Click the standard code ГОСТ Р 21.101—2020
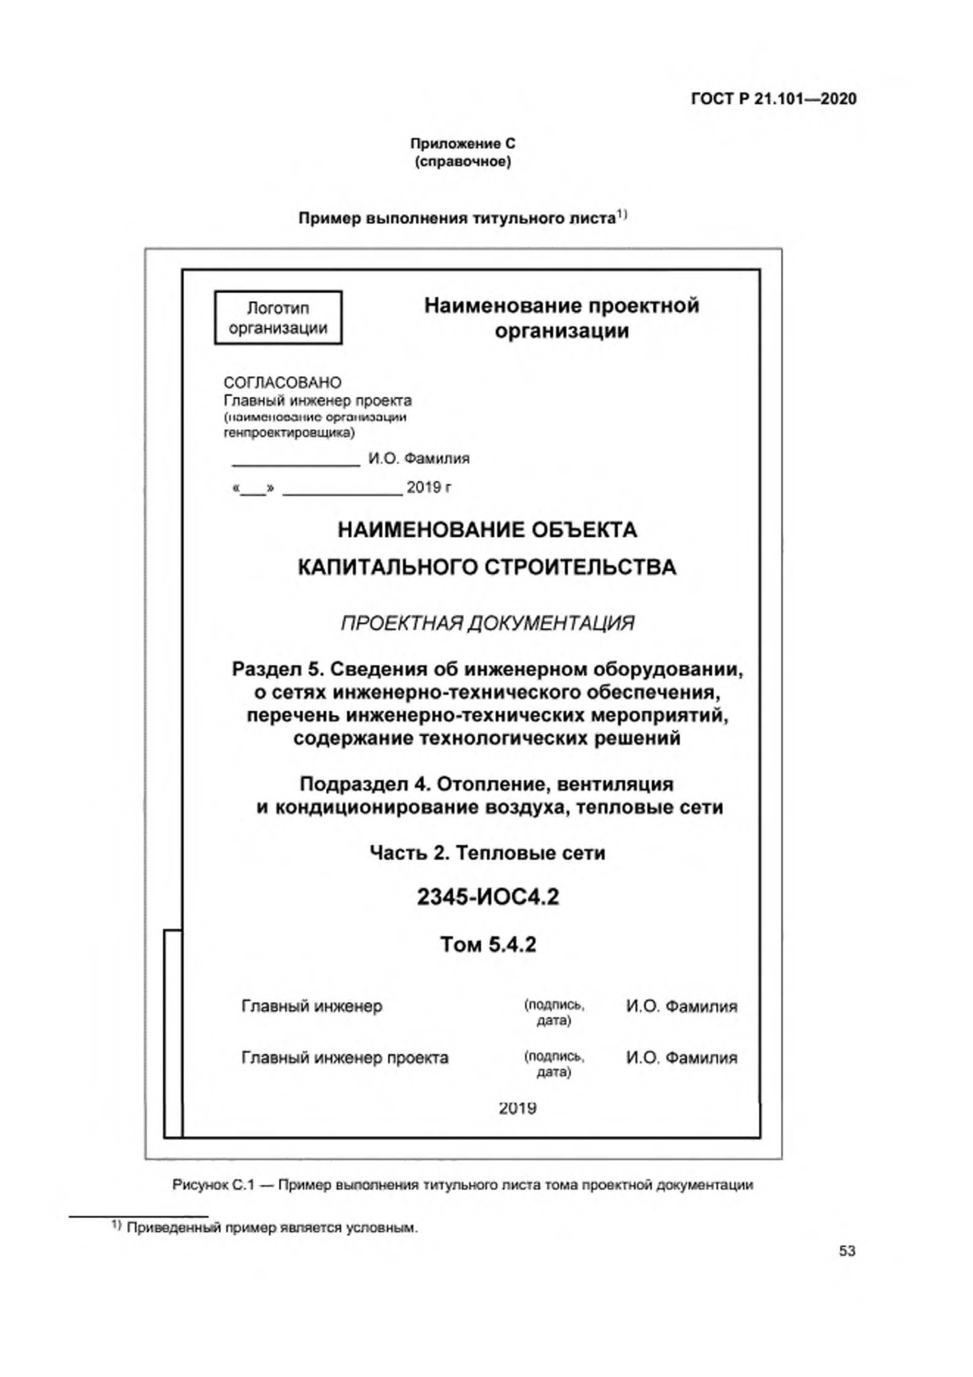773,99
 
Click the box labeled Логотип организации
278,318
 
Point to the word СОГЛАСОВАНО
283,383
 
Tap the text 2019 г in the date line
429,488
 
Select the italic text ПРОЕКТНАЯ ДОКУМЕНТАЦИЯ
487,624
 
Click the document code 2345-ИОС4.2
487,897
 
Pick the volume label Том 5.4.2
488,945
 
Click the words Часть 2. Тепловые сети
487,853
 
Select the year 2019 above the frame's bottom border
518,1108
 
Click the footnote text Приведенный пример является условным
272,1228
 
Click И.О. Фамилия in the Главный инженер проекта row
681,1058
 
